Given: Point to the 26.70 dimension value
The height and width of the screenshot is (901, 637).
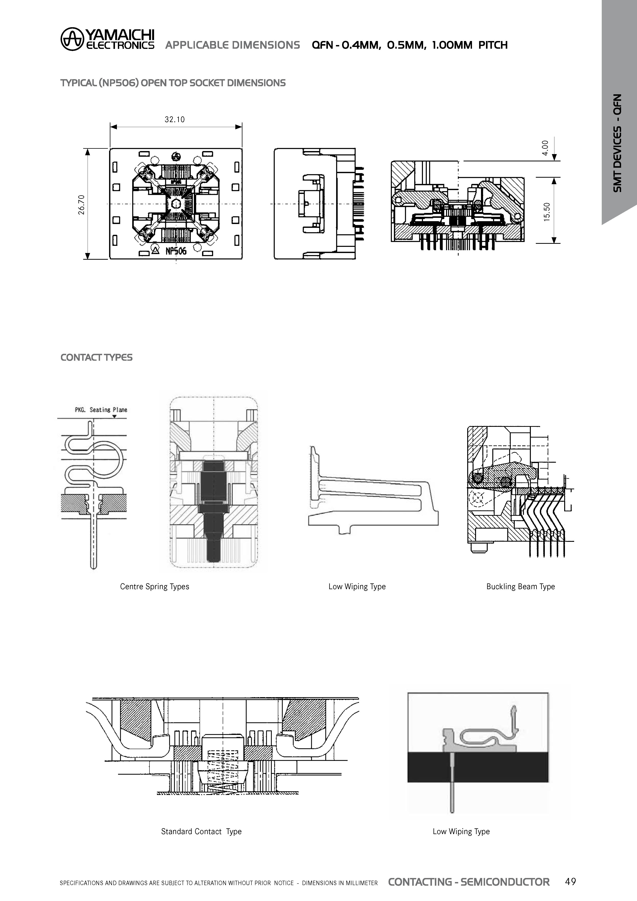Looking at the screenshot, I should (x=81, y=205).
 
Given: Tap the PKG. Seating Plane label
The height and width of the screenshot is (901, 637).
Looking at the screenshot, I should (x=101, y=410).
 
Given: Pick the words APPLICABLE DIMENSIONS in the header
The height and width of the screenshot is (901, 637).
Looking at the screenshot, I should (x=232, y=45).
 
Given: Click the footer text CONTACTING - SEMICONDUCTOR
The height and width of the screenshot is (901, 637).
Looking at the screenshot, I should (x=469, y=882).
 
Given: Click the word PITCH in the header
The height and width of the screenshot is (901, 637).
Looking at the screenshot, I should (x=493, y=45).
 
